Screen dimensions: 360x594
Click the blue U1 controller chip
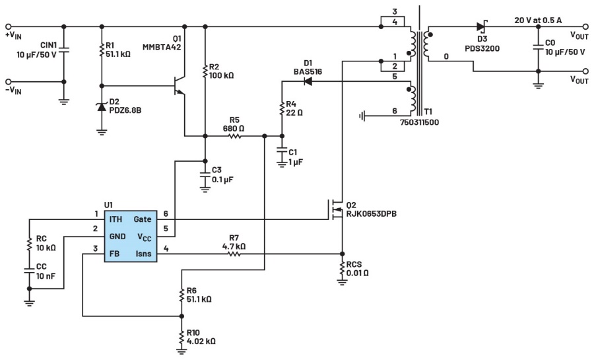click(x=130, y=235)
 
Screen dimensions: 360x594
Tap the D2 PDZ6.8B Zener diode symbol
click(x=101, y=107)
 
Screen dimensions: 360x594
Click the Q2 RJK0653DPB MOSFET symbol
click(x=337, y=210)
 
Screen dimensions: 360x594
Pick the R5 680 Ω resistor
click(x=234, y=137)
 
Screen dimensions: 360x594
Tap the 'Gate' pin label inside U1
click(x=143, y=219)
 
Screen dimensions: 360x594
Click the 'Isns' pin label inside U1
click(x=143, y=252)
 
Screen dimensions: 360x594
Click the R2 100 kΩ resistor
click(x=205, y=69)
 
